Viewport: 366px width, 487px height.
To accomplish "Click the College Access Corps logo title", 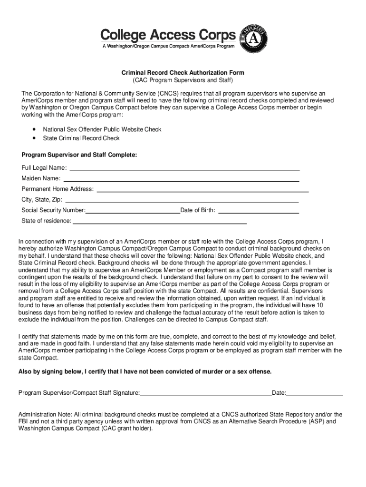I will (168, 34).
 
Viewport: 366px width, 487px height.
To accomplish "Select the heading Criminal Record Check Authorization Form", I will (183, 73).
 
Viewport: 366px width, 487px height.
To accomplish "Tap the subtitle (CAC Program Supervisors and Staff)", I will (183, 81).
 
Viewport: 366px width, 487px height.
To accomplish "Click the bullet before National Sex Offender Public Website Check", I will (34, 129).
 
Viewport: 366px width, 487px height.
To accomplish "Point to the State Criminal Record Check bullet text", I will (81, 138).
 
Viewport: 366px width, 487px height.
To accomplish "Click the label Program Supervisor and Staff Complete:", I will (79, 155).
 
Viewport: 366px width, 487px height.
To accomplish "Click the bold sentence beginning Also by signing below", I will (145, 371).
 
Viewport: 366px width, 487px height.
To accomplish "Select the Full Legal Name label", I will (44, 168).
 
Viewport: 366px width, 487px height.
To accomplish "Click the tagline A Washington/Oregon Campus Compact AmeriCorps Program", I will (168, 46).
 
